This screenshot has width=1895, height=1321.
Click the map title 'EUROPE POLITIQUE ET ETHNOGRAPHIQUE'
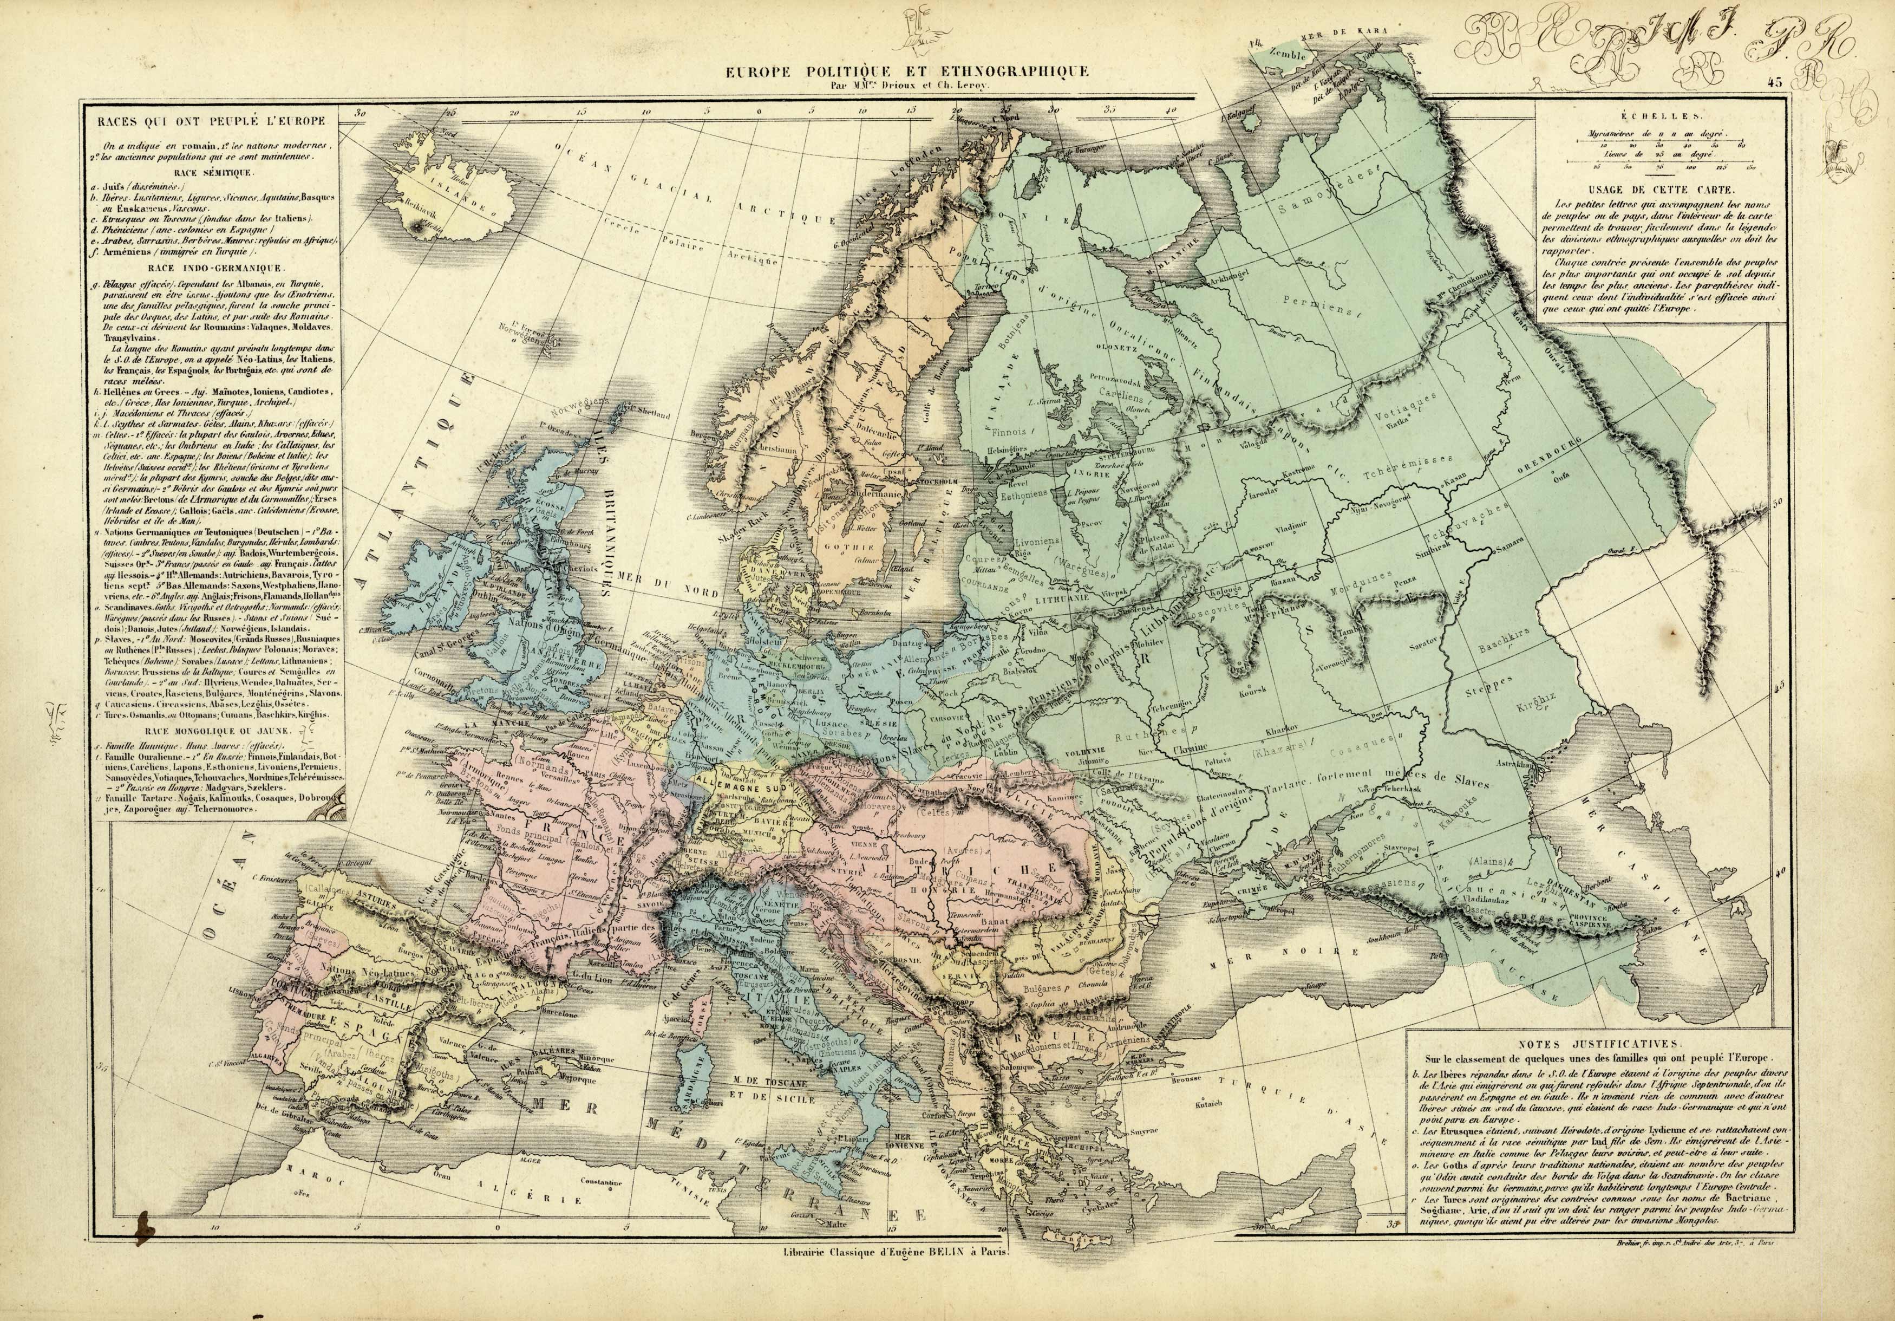coord(907,72)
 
